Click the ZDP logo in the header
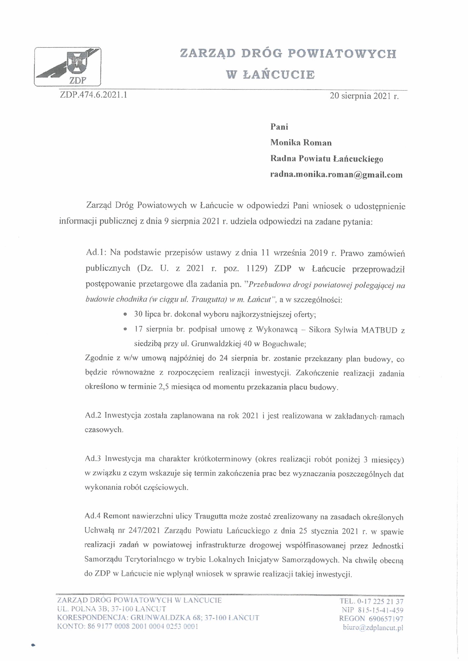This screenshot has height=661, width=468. (x=68, y=67)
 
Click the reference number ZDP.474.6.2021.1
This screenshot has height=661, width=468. (x=94, y=95)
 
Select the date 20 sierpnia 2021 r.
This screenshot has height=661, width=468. (x=364, y=97)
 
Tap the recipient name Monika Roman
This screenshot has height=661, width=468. (x=301, y=143)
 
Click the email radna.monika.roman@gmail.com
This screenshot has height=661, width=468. (x=336, y=175)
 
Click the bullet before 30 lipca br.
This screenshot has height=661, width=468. (x=125, y=315)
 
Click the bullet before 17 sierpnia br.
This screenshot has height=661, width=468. (x=125, y=330)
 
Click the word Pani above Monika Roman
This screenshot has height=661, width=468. (x=279, y=127)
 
